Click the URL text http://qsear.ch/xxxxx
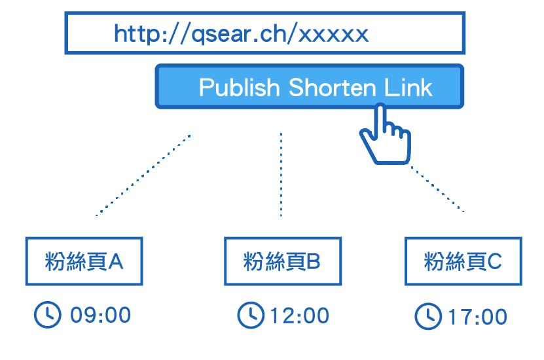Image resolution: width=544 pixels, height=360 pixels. click(241, 33)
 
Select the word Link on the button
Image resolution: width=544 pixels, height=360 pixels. click(408, 88)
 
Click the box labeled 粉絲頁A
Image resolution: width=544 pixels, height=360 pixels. click(84, 261)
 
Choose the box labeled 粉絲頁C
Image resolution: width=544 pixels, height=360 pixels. click(463, 261)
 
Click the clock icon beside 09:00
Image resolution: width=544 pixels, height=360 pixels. click(47, 315)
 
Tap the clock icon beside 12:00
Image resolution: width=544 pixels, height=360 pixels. click(250, 315)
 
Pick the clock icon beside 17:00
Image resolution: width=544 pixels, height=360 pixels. click(428, 317)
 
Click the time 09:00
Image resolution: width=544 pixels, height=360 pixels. click(100, 315)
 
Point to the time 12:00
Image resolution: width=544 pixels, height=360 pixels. click(299, 315)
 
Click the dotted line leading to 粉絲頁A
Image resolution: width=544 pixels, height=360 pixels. click(143, 175)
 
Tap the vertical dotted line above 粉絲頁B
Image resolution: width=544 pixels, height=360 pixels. click(281, 175)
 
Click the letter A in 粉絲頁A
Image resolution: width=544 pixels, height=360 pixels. click(115, 262)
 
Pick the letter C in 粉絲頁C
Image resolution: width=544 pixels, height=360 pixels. click(494, 262)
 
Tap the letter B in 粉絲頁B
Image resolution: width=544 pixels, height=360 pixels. click(313, 262)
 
